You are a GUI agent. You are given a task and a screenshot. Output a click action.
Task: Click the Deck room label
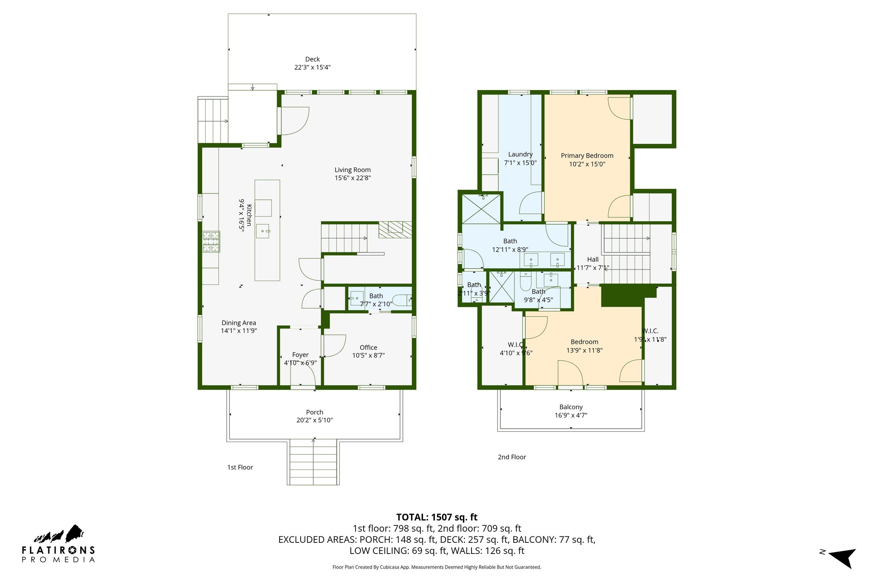(312, 59)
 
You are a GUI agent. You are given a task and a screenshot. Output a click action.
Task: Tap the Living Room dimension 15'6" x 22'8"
(353, 178)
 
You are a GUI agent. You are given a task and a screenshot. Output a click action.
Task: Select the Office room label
(368, 348)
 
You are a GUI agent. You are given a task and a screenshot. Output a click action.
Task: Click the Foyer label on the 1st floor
(300, 355)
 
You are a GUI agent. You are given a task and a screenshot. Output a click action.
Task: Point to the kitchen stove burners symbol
(211, 241)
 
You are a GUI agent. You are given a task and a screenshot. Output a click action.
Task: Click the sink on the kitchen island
(263, 231)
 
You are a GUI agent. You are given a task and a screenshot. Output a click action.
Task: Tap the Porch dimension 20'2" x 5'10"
(315, 420)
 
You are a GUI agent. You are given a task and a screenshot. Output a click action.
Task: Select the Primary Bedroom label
(587, 156)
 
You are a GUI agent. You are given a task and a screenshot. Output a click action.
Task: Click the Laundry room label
(520, 155)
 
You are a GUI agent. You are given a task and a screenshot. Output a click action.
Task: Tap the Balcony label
(571, 407)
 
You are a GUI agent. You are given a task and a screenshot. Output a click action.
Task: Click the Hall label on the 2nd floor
(593, 260)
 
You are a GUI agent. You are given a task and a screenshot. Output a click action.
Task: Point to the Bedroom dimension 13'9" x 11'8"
(584, 351)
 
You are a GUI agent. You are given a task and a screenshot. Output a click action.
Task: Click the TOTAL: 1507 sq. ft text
(437, 517)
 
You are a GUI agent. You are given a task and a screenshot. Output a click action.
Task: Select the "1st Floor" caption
(240, 467)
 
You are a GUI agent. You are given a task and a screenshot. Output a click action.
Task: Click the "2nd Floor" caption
(512, 457)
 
